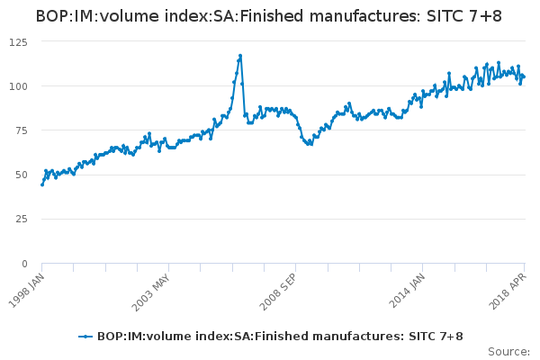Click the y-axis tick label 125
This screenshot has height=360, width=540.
click(x=19, y=41)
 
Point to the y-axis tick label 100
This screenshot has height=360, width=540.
click(x=19, y=86)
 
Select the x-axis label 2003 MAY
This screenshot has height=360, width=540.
click(x=149, y=290)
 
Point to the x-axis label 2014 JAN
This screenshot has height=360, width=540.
click(x=408, y=290)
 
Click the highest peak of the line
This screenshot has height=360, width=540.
click(x=240, y=55)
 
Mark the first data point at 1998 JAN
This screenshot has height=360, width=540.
click(x=42, y=184)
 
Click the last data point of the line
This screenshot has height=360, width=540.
click(x=523, y=76)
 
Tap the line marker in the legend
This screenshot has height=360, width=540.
click(x=85, y=336)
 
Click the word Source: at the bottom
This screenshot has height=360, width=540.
click(x=508, y=351)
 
